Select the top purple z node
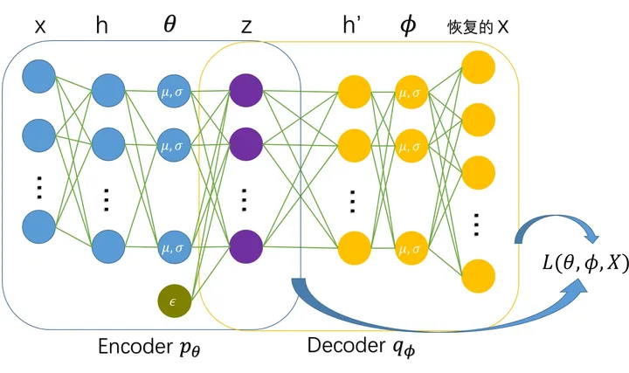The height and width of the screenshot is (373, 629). (245, 90)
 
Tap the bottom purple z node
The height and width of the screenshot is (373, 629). (245, 247)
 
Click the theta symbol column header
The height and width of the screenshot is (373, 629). (172, 26)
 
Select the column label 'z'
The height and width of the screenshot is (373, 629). (245, 26)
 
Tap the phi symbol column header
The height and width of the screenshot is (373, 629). (409, 26)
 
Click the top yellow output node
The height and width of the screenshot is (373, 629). (478, 66)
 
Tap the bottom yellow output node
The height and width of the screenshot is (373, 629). (478, 275)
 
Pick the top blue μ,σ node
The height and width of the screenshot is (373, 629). (173, 90)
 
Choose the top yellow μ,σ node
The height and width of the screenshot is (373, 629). (409, 90)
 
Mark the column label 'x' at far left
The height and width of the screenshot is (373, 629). (39, 27)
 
